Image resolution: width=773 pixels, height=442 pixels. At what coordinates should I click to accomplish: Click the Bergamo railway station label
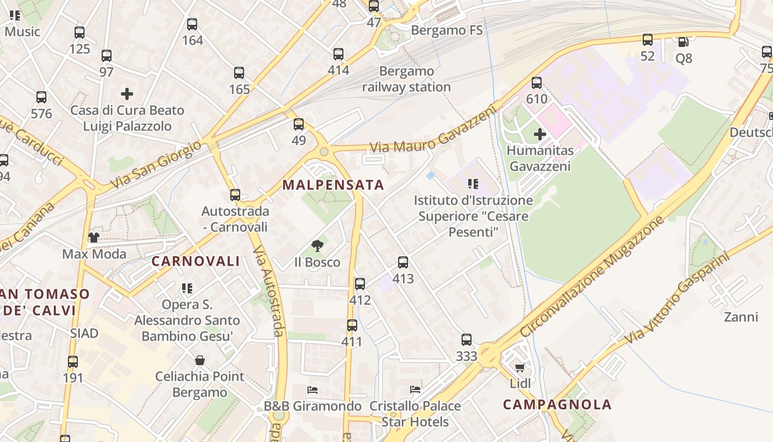pos(406,79)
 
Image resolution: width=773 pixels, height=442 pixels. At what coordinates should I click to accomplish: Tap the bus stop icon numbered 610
pos(537,83)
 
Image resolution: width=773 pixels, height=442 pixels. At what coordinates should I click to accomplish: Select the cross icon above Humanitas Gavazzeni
pos(540,134)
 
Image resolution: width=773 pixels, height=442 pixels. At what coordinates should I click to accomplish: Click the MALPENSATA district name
pos(333,185)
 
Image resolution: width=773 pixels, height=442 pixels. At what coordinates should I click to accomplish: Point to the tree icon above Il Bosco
pos(317,246)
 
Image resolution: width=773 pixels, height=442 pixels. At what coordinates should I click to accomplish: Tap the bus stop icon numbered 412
pos(360,284)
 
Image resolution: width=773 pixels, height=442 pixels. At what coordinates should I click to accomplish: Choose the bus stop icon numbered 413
pos(403,262)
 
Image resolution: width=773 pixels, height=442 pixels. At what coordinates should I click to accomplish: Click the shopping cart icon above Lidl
pos(520,367)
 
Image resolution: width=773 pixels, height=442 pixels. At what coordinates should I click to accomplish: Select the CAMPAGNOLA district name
pos(557,404)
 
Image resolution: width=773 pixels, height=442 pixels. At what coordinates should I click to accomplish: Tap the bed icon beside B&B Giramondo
pos(313,390)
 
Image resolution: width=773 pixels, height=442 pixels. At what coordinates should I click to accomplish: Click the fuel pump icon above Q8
pos(683,41)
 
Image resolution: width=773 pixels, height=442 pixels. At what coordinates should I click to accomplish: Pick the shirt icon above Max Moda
pos(93,238)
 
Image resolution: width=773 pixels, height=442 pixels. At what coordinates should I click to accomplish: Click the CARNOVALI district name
pos(195,261)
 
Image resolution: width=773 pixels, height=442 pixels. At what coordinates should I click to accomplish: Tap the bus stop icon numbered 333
pos(467,340)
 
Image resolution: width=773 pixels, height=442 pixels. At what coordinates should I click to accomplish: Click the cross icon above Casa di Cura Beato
pos(127,94)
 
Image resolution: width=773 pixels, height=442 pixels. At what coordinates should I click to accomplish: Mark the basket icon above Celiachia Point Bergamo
pos(200,360)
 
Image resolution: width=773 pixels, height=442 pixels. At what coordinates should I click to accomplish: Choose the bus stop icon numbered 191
pos(73,362)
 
